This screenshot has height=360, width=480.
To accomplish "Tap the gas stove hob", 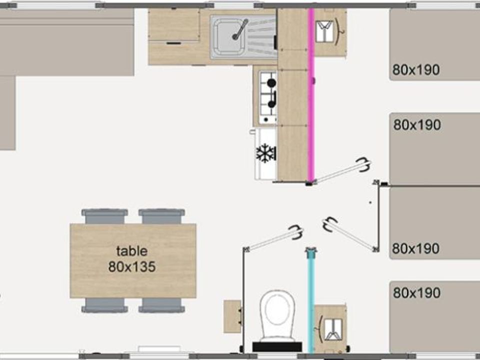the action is coord(268,97).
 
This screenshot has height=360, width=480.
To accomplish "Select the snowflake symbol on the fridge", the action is coord(265,153).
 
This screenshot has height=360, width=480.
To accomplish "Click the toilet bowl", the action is coord(277,315).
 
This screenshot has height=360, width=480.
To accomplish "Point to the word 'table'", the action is coord(132,251).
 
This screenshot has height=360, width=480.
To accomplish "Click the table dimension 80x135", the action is coord(132,267).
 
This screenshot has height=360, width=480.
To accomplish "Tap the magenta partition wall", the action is coord(311,95).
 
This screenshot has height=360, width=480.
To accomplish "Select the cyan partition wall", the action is coord(310,301).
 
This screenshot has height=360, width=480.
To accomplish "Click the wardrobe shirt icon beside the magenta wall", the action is coord(325,31).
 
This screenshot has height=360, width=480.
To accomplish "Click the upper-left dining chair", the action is coord(104,216).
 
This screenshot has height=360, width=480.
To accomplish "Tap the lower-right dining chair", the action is coord(161,305).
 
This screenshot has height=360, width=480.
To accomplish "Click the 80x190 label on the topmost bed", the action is coord(416,70).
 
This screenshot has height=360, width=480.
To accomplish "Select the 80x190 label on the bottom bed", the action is coord(416,292).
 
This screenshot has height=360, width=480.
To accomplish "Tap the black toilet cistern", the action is coord(277,347).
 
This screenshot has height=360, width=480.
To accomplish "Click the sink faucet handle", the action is coord(240,29).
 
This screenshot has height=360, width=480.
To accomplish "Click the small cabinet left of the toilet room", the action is coord(232,316).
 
